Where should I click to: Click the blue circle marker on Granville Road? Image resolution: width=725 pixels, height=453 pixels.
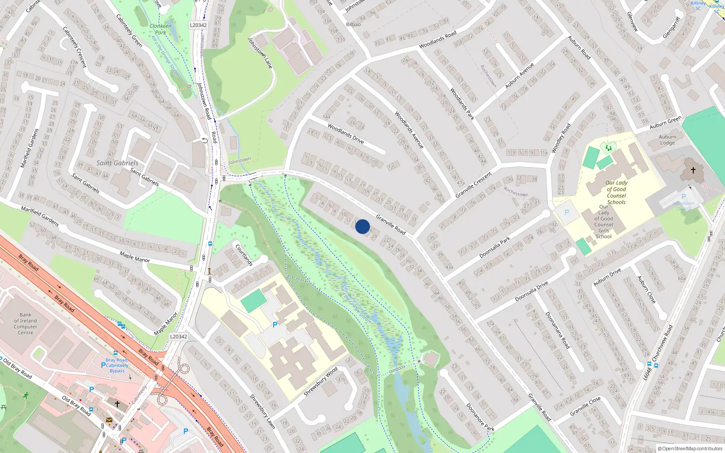[362, 226]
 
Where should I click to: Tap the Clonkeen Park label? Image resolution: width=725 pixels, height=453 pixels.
[160, 29]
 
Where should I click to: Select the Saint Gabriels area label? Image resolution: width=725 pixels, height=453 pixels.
[117, 163]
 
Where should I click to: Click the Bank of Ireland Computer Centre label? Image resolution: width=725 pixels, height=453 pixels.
[25, 323]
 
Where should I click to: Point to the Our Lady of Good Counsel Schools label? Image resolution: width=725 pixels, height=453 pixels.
[616, 193]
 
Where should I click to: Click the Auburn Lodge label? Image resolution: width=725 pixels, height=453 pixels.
[667, 140]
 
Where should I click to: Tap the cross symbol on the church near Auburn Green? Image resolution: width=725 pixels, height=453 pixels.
[693, 170]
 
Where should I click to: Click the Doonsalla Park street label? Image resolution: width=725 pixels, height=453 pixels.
[495, 247]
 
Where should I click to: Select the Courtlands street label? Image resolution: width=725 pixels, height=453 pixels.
[244, 255]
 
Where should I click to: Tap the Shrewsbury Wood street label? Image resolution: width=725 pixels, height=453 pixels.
[320, 381]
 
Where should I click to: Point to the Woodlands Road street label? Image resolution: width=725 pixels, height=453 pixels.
[438, 40]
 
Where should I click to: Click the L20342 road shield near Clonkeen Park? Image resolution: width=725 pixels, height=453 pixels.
[198, 25]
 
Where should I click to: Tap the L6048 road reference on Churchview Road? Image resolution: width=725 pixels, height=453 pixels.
[648, 374]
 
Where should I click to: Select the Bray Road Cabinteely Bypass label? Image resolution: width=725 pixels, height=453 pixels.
[117, 366]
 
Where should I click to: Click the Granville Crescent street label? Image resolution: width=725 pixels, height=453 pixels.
[474, 184]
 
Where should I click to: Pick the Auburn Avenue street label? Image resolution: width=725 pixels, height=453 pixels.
[519, 75]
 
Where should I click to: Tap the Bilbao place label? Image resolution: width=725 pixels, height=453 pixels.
[353, 24]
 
